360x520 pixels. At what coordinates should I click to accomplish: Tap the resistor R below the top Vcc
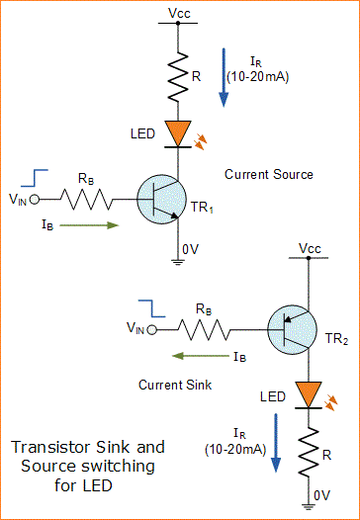(x=179, y=77)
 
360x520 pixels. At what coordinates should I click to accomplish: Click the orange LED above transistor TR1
(x=179, y=132)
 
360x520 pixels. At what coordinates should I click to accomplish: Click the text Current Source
(x=268, y=174)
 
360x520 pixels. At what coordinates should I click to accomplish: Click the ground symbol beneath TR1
(x=179, y=261)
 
